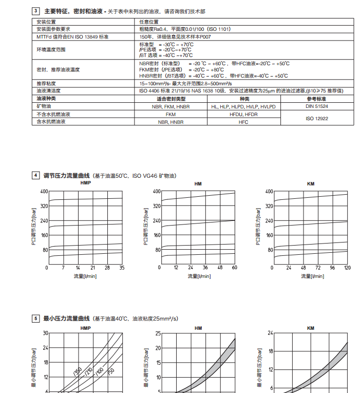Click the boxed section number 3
click(x=36, y=10)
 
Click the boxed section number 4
click(x=36, y=175)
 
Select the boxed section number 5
click(x=36, y=319)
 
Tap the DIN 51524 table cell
click(x=317, y=106)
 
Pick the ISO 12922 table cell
click(x=317, y=118)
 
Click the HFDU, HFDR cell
click(x=244, y=114)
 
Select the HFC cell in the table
click(x=244, y=122)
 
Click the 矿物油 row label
click(x=43, y=106)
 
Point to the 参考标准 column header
click(x=317, y=99)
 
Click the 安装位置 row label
click(x=46, y=22)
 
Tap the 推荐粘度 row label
click(x=46, y=83)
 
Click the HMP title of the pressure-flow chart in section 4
click(x=85, y=183)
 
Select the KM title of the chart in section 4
click(x=311, y=183)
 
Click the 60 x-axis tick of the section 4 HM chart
click(x=235, y=268)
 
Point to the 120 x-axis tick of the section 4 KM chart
click(x=347, y=268)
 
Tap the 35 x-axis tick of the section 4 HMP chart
click(x=122, y=268)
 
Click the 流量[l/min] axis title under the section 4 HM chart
click(x=199, y=276)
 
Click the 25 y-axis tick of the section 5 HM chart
click(x=158, y=333)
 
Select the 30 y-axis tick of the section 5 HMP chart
click(x=45, y=333)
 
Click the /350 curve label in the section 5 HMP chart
click(x=78, y=372)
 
